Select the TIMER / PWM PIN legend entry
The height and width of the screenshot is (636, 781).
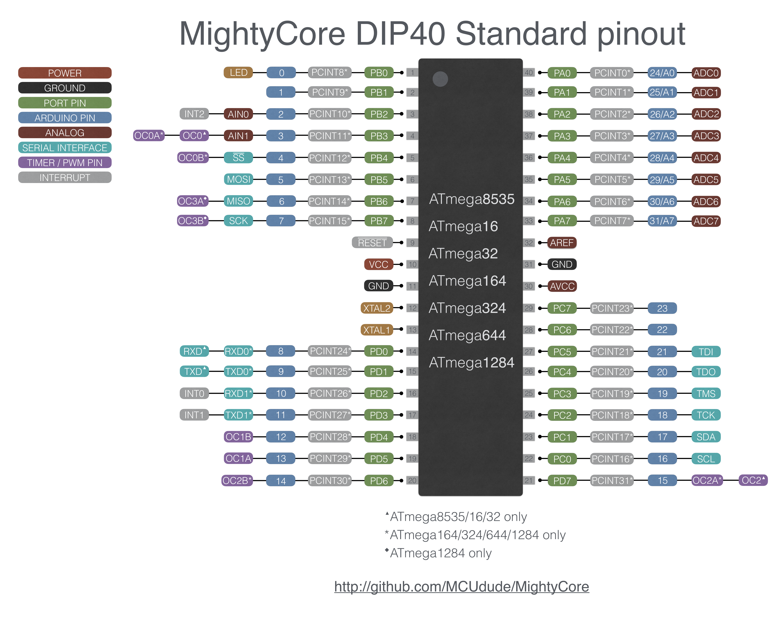click(x=65, y=163)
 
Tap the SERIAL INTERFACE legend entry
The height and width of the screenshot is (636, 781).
click(x=65, y=148)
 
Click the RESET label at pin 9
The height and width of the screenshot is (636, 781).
click(x=372, y=243)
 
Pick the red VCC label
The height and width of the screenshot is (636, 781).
click(x=378, y=264)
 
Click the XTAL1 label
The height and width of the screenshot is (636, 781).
click(x=377, y=330)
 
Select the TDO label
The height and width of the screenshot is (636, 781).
click(x=706, y=371)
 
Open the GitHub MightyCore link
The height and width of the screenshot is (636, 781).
click(x=461, y=587)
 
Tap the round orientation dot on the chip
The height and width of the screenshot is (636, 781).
click(x=440, y=79)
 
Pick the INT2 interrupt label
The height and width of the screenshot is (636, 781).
click(x=194, y=114)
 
